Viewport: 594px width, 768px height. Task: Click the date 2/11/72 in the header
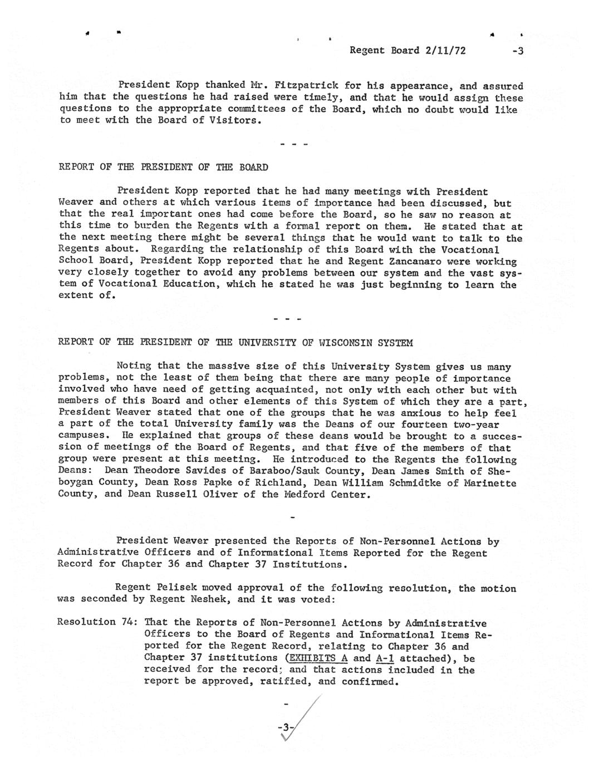[x=445, y=51]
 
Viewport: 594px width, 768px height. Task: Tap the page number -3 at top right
[x=518, y=51]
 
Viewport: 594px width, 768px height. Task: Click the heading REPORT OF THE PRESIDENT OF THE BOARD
[x=163, y=167]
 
